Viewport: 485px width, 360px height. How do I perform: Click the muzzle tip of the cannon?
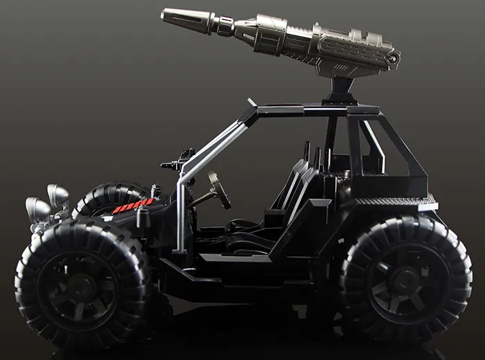tap(166, 15)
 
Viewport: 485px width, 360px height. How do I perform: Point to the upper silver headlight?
tap(58, 194)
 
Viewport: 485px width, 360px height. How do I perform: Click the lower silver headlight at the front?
tap(37, 207)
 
